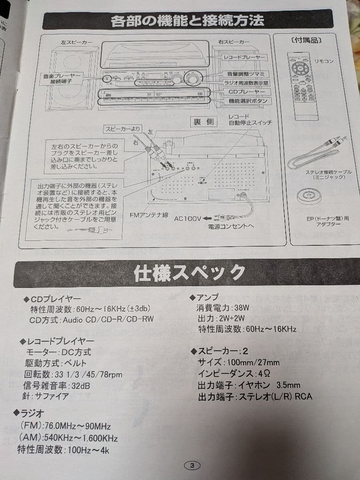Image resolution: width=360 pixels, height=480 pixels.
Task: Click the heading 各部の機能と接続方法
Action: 187,20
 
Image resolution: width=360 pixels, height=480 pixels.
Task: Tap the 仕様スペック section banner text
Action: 189,272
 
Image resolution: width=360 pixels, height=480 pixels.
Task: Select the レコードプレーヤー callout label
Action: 244,58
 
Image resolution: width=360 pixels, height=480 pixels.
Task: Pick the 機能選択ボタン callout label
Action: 248,101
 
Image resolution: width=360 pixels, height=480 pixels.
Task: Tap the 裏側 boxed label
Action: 204,121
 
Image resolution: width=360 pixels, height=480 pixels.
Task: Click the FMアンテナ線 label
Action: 148,215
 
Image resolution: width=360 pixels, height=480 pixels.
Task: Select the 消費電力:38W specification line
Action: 223,308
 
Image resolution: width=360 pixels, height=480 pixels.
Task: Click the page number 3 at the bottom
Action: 192,465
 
